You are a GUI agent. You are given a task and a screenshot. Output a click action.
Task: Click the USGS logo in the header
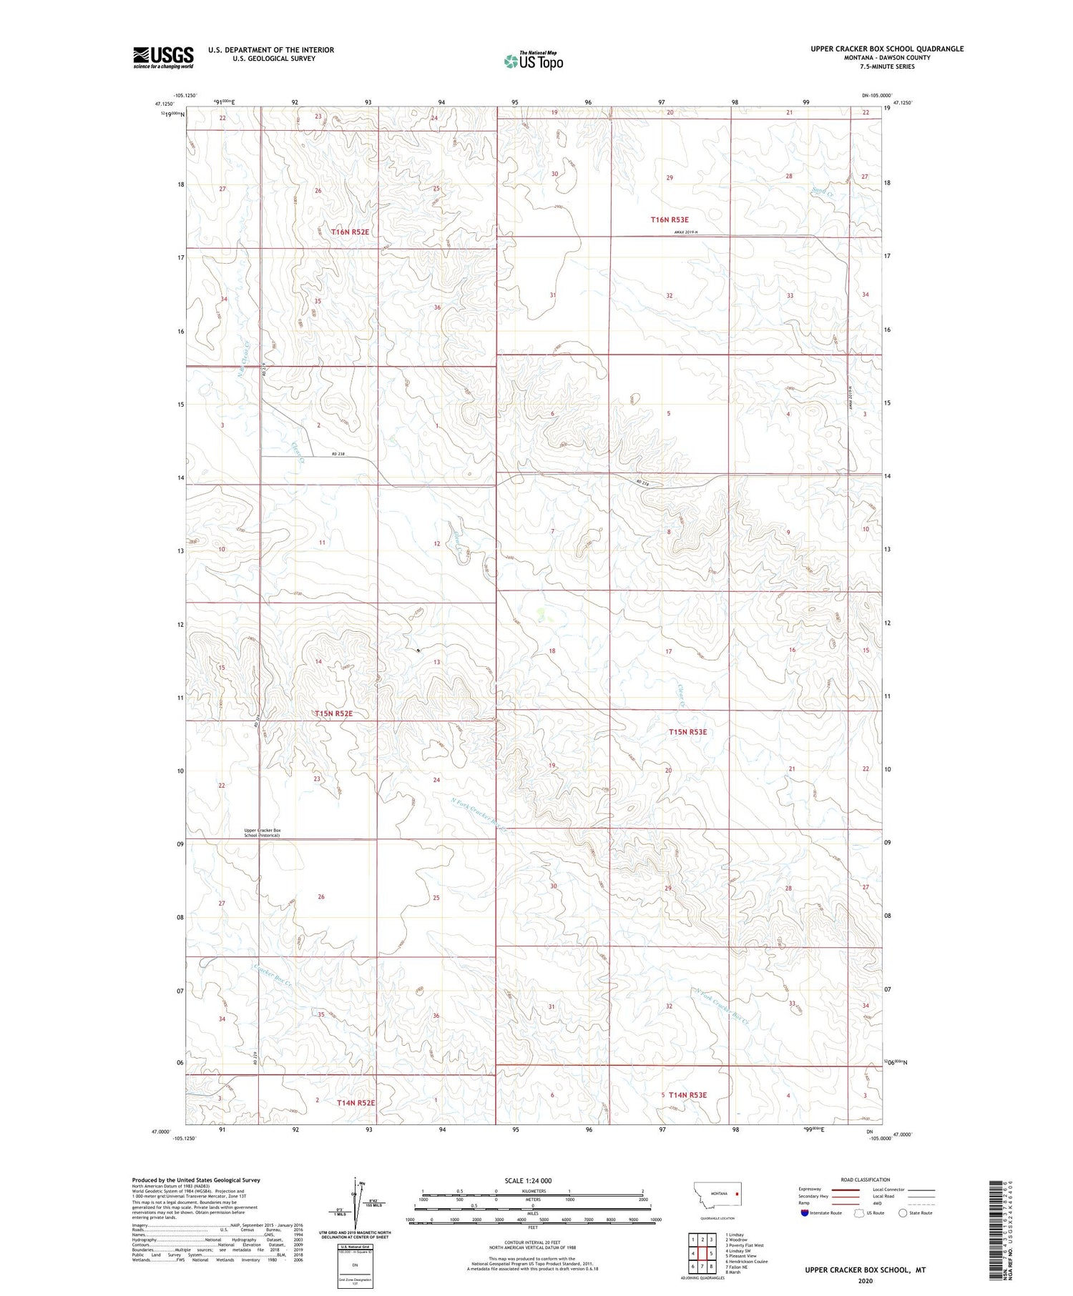(163, 57)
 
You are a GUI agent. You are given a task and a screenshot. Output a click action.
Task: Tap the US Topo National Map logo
(533, 61)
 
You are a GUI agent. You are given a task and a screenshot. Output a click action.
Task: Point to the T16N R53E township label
(670, 220)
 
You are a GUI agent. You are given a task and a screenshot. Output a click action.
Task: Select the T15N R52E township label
(333, 713)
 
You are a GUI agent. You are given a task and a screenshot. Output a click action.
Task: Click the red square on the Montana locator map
(738, 1192)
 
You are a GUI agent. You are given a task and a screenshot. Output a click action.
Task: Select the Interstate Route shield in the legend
(805, 1212)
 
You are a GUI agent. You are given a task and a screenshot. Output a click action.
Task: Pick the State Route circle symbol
(903, 1212)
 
